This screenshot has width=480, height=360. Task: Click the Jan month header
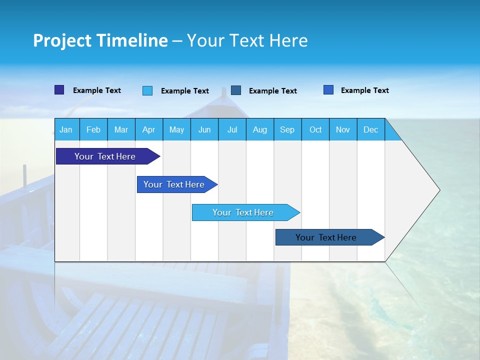click(x=66, y=129)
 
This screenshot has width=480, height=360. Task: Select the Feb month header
click(x=93, y=129)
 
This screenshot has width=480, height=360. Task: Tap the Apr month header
click(x=148, y=129)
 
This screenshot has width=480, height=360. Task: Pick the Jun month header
click(x=204, y=129)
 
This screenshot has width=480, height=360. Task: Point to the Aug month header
click(x=259, y=129)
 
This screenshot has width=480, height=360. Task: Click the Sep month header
click(x=287, y=129)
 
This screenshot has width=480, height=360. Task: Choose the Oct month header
click(x=315, y=129)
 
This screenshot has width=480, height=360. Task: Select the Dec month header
click(x=370, y=129)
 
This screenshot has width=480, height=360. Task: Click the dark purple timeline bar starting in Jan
click(x=105, y=156)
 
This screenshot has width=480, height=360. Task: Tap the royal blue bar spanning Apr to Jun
click(x=174, y=184)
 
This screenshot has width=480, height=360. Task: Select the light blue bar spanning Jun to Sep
click(x=243, y=212)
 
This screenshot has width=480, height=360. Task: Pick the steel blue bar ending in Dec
click(x=326, y=237)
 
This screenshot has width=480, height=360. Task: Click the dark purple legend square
click(x=59, y=90)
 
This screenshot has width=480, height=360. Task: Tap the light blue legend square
click(x=147, y=90)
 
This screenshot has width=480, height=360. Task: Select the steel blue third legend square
click(x=236, y=90)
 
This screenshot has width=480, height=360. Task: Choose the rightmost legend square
click(x=328, y=90)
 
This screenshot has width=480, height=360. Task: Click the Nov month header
click(x=343, y=129)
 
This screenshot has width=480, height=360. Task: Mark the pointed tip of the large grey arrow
click(x=439, y=190)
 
